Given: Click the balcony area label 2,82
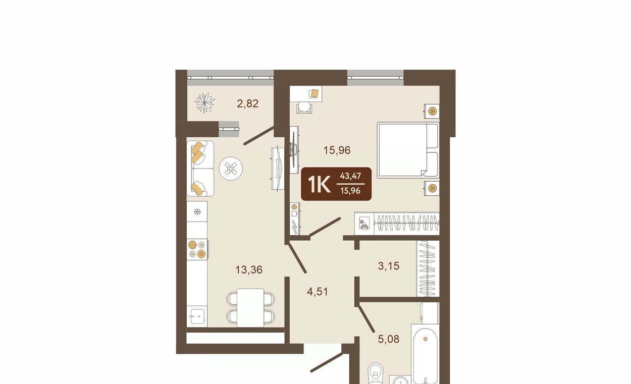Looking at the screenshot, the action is pos(248,103).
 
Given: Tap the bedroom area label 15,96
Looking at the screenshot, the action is pos(337,150).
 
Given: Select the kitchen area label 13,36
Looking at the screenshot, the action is pos(249,269).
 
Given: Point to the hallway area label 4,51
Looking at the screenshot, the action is pos(318,291).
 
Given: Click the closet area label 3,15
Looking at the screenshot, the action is pos(389,265).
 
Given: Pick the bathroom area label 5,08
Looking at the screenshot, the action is pos(389,339).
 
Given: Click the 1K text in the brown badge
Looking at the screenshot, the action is pos(319,185).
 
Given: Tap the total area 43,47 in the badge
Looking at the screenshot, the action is pos(350,176).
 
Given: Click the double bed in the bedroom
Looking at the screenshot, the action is pos(408,150).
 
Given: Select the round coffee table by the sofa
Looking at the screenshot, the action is pos(231,169).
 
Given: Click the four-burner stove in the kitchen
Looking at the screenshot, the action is pos(197,249).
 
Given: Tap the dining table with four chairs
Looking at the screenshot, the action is pos(250,308).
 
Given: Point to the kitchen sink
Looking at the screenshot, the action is pos(197,316).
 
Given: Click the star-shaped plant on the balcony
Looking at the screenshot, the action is pos(205,102).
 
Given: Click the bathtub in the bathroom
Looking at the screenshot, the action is pos(425,354).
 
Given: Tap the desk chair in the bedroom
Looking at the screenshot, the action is pos(304,107).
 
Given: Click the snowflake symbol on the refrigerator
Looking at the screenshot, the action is pos(197,211).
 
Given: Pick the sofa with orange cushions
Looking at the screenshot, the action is pos(200,169).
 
